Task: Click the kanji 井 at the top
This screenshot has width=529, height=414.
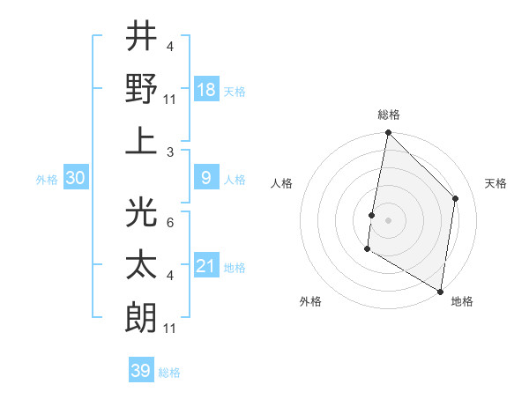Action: pyautogui.click(x=141, y=37)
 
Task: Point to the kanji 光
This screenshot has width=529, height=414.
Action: pyautogui.click(x=141, y=213)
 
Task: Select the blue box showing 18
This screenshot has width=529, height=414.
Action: pyautogui.click(x=206, y=89)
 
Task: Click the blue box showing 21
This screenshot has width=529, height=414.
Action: pyautogui.click(x=206, y=265)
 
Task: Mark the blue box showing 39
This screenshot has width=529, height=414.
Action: pyautogui.click(x=141, y=371)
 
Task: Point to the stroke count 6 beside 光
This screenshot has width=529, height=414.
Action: pyautogui.click(x=169, y=224)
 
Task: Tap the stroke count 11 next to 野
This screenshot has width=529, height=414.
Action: pyautogui.click(x=171, y=100)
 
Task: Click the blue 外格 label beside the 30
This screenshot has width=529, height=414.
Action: pyautogui.click(x=47, y=180)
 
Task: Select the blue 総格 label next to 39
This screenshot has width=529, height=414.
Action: pyautogui.click(x=169, y=373)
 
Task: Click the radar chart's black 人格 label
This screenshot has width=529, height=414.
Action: pyautogui.click(x=282, y=184)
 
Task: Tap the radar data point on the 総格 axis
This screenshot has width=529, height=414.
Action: pyautogui.click(x=388, y=133)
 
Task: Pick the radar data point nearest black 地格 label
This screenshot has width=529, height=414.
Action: pyautogui.click(x=440, y=291)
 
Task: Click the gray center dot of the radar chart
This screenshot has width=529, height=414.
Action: pyautogui.click(x=388, y=219)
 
